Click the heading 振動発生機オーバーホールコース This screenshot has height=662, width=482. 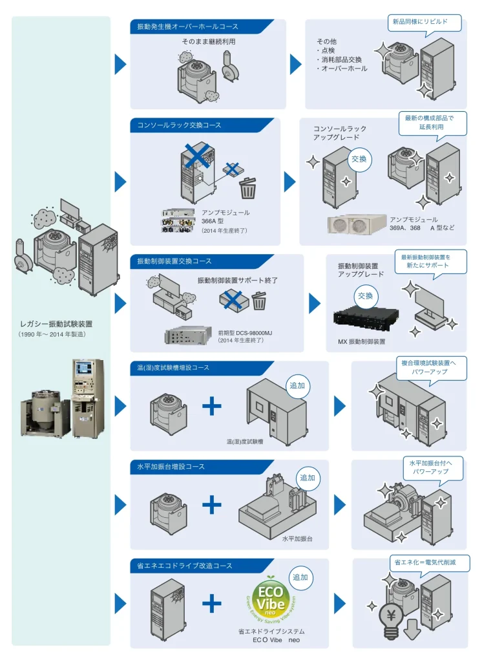click(x=187, y=27)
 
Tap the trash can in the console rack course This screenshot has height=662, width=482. click(x=247, y=188)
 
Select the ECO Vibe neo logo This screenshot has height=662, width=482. click(x=271, y=599)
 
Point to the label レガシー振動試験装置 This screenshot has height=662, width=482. click(x=56, y=325)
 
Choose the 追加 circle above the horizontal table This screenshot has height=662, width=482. click(x=308, y=478)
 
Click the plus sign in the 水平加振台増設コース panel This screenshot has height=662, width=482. click(x=212, y=504)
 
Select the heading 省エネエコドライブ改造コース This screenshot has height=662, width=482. click(x=184, y=565)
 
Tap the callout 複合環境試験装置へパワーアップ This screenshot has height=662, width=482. click(x=429, y=367)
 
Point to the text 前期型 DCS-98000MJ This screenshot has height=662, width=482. click(x=246, y=333)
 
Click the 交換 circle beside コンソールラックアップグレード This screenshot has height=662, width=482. click(x=359, y=159)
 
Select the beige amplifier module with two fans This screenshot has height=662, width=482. click(x=357, y=224)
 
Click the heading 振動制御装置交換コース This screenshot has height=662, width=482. click(x=174, y=261)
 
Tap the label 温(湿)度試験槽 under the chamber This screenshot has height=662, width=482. click(x=245, y=442)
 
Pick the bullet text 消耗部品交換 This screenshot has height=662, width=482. click(x=339, y=59)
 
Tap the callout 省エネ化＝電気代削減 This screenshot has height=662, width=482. click(x=425, y=562)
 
